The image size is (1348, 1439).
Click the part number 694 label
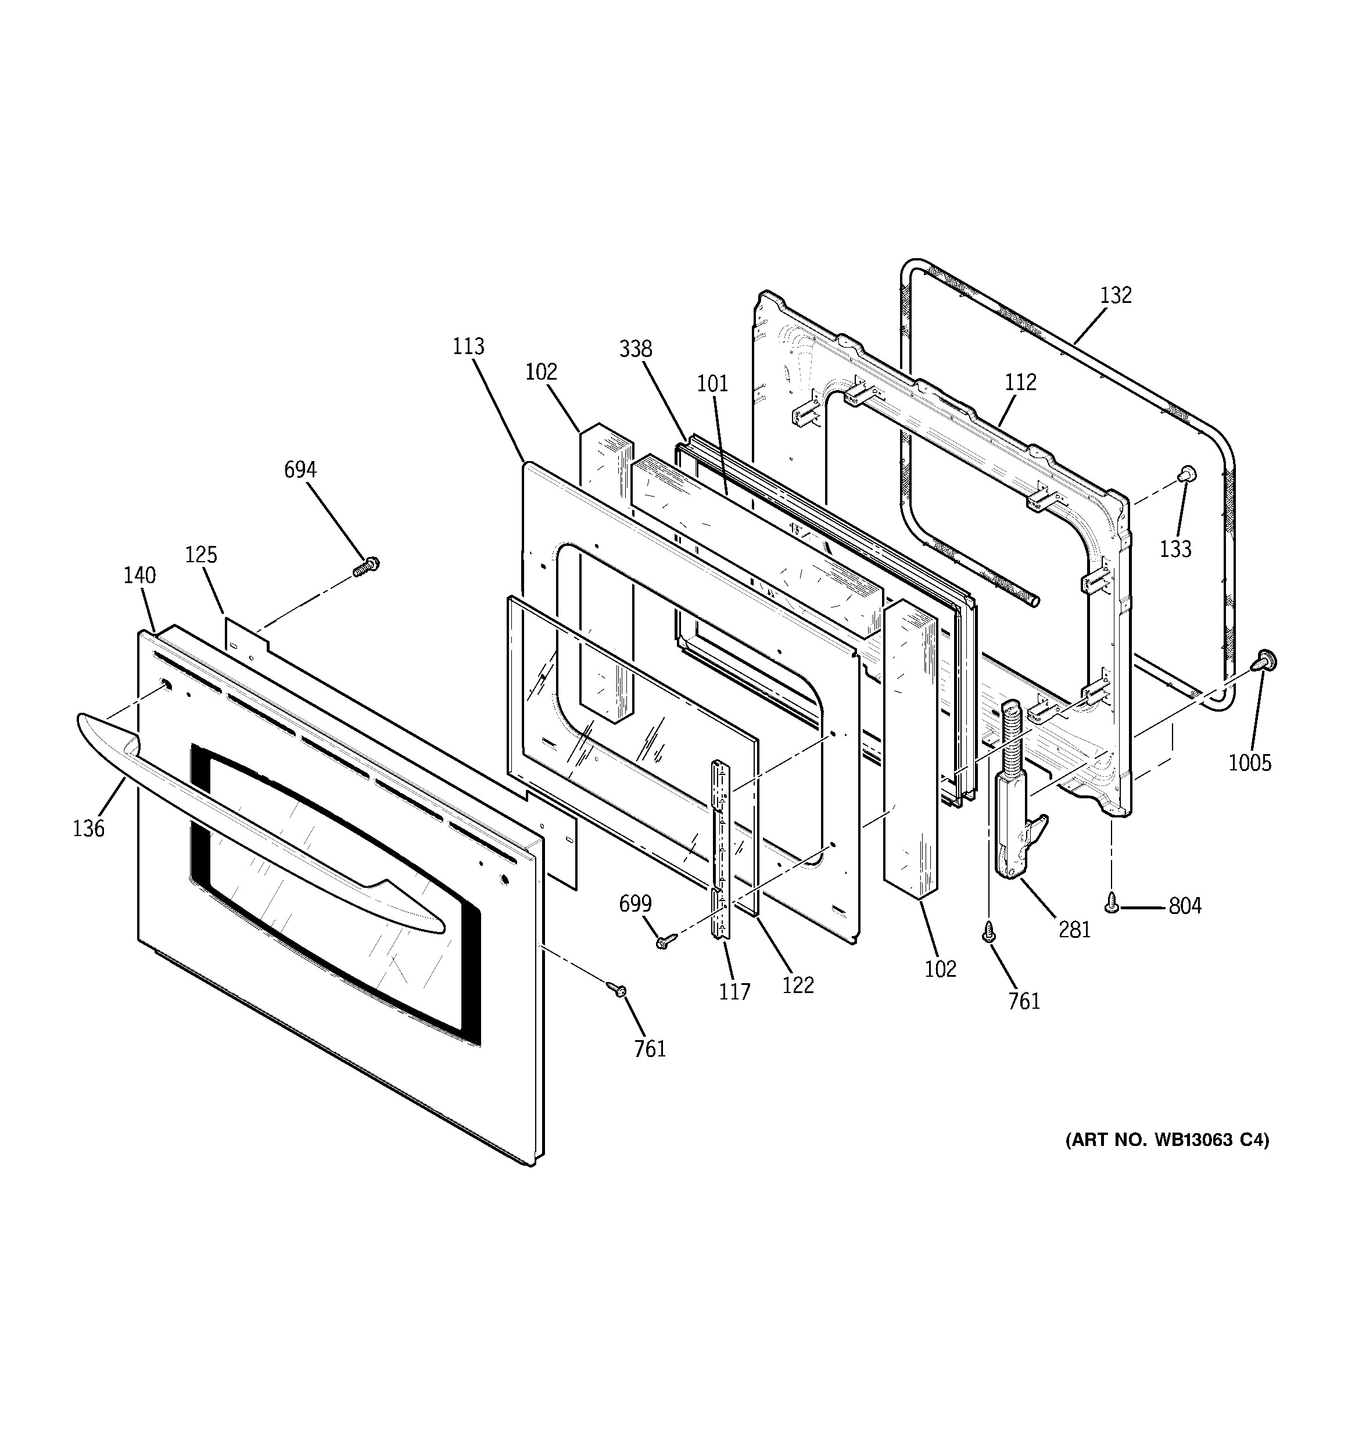[x=300, y=470]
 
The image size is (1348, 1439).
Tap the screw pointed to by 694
[x=367, y=566]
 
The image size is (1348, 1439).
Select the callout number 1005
[x=1250, y=762]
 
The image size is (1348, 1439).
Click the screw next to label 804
[x=1112, y=902]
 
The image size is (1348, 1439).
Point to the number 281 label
[x=1074, y=930]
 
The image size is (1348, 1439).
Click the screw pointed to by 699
[x=665, y=941]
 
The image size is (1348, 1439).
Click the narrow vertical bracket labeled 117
[x=720, y=847]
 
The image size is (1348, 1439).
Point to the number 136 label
[x=88, y=829]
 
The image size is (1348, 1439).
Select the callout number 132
[x=1116, y=295]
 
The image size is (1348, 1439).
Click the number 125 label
[x=200, y=555]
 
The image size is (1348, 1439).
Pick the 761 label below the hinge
[x=1024, y=1002]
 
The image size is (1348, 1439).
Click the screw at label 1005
[x=1265, y=659]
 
